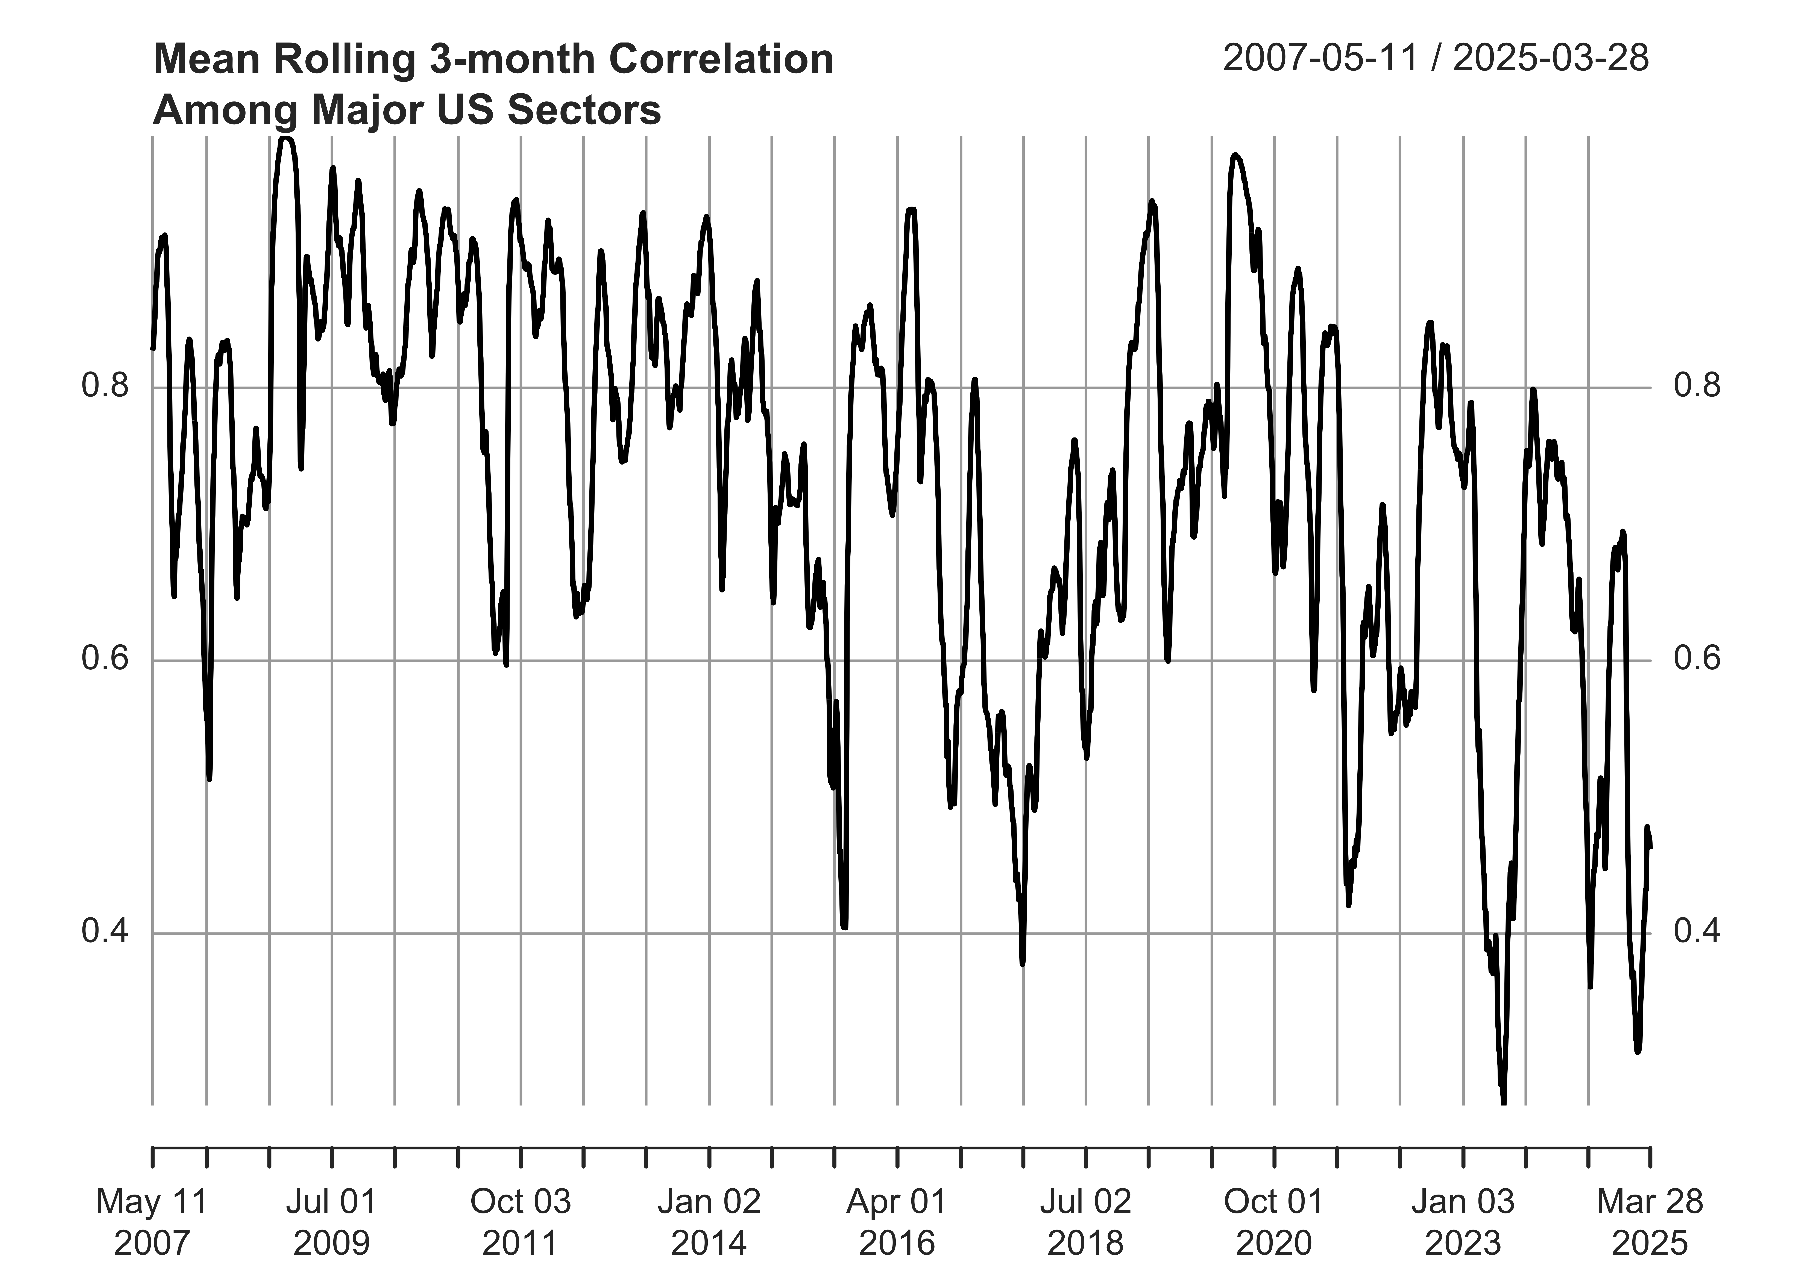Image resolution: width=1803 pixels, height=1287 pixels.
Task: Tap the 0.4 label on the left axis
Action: pyautogui.click(x=105, y=932)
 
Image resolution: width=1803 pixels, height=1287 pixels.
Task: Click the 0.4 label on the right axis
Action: pyautogui.click(x=1697, y=932)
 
